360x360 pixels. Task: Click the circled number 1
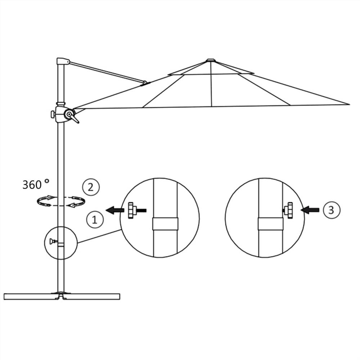coord(95,219)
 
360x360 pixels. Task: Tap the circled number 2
coord(91,187)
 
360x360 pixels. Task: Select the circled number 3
coord(330,210)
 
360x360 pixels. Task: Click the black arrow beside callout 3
coord(311,210)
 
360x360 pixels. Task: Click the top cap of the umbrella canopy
coord(210,60)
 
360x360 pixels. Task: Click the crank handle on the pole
coord(72,116)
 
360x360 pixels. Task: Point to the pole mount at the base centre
coord(61,294)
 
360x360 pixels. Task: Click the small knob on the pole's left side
coord(53,114)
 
